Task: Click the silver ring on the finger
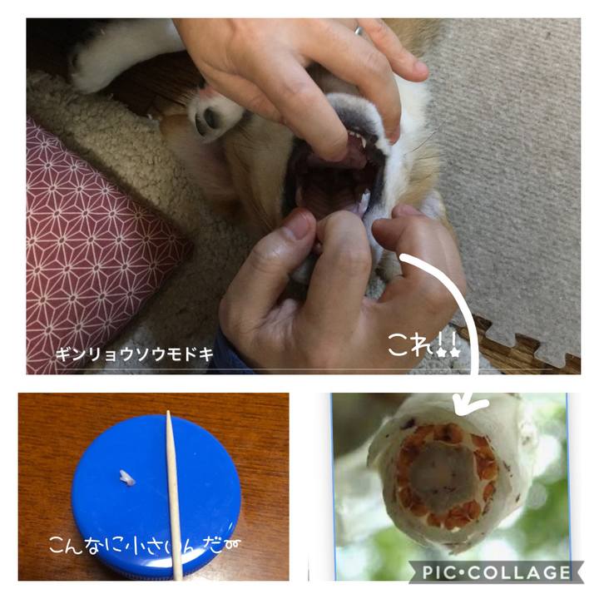pyautogui.click(x=359, y=30)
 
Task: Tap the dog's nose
pyautogui.click(x=207, y=117)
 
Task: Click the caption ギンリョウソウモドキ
pyautogui.click(x=135, y=354)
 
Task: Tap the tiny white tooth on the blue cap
pyautogui.click(x=126, y=478)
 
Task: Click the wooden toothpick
pyautogui.click(x=174, y=496)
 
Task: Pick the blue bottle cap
pyautogui.click(x=156, y=496)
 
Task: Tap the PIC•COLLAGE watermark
pyautogui.click(x=496, y=572)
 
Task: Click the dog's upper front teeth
pyautogui.click(x=357, y=138)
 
